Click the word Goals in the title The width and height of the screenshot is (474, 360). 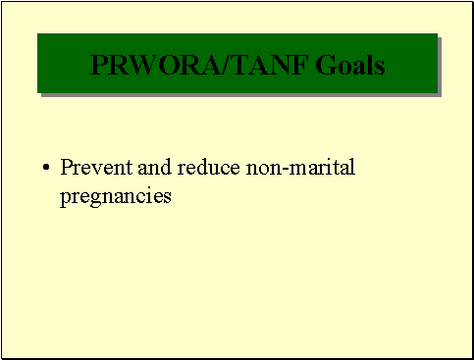(351, 66)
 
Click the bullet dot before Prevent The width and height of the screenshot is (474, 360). (46, 169)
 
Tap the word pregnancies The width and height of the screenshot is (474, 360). (116, 195)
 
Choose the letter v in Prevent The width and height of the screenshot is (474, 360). (94, 169)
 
